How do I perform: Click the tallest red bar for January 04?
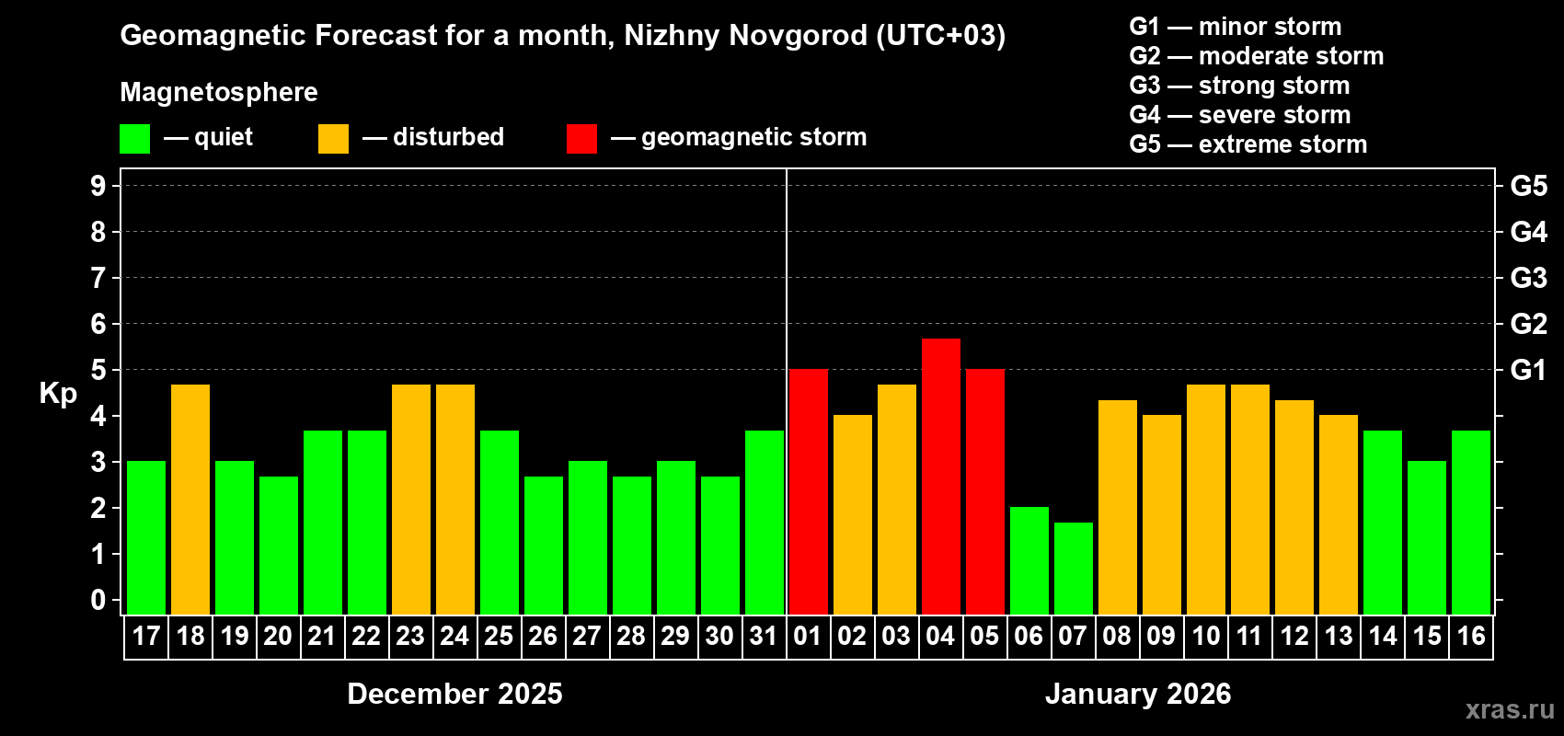940,477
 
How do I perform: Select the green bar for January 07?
1073,569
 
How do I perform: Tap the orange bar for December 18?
190,500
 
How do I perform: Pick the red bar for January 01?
808,492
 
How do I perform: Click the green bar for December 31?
764,523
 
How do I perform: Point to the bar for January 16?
1470,523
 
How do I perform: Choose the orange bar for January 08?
1117,507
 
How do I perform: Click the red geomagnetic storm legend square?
581,139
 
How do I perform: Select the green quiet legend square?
134,139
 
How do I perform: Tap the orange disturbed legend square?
333,139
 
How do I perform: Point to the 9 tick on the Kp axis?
98,186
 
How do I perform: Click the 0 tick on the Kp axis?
98,600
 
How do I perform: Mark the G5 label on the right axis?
1528,186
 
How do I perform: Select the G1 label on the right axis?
1528,370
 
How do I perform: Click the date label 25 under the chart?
499,636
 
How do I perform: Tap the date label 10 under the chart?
1205,636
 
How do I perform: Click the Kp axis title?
58,394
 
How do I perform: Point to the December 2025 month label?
454,694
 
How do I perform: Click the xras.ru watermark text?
1510,708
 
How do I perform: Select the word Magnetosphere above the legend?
219,92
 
